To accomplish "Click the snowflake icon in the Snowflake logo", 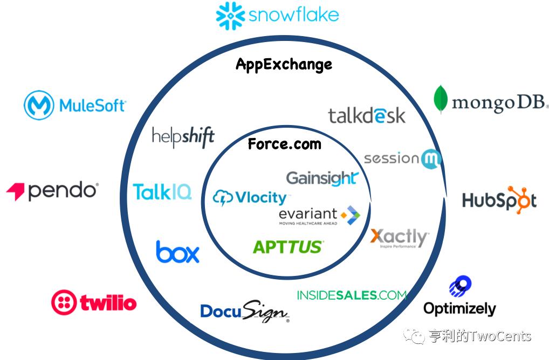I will [x=231, y=16].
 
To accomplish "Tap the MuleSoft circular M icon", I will [x=39, y=105].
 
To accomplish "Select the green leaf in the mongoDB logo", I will [x=441, y=99].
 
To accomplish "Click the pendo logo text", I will [x=62, y=191].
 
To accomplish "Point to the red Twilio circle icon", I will [x=64, y=302].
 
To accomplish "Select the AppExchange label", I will [x=284, y=65].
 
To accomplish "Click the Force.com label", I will [x=284, y=144].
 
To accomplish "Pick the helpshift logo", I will [x=183, y=136].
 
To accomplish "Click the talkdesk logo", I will [x=367, y=115].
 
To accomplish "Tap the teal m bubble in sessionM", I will [x=431, y=159].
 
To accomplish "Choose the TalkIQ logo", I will [x=162, y=191].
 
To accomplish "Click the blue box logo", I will [x=177, y=252].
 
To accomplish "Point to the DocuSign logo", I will [x=244, y=311].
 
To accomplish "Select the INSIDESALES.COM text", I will [x=351, y=295].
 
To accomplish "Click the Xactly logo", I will [x=400, y=237].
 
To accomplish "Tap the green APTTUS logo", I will [x=288, y=247].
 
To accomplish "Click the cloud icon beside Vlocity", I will [x=223, y=198].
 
